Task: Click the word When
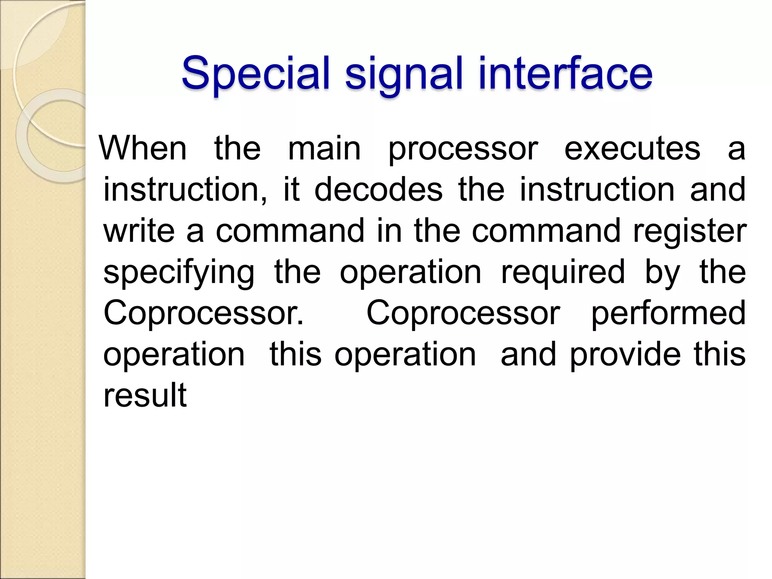(x=143, y=149)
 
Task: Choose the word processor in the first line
(x=463, y=149)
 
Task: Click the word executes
(x=632, y=149)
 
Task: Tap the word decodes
(x=378, y=189)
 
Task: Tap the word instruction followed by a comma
(x=185, y=189)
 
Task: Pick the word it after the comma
(x=291, y=189)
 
